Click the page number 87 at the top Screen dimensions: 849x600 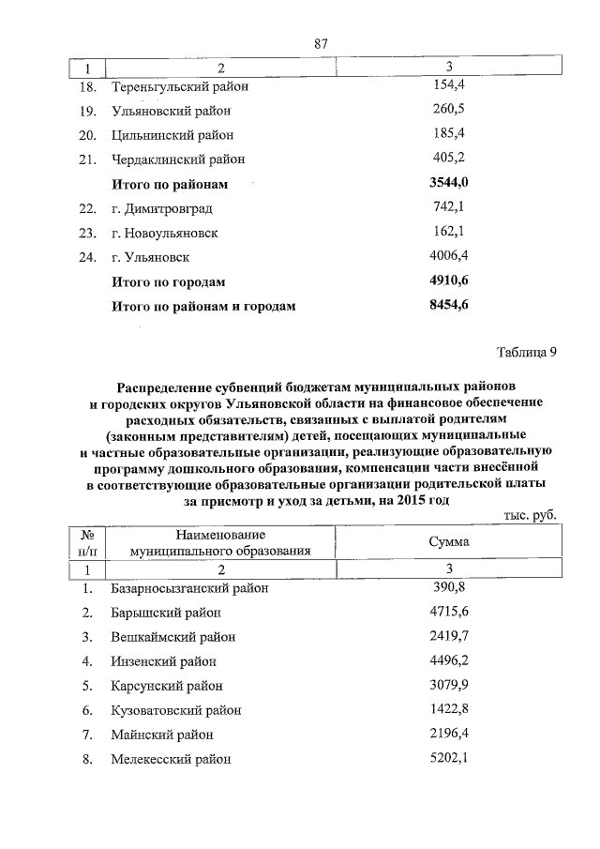pos(322,44)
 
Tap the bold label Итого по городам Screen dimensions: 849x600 pos(169,281)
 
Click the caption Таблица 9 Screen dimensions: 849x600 pos(526,353)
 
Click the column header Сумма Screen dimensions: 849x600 pos(449,542)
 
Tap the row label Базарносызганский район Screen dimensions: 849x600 pos(189,589)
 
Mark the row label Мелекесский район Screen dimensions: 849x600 pos(170,759)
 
